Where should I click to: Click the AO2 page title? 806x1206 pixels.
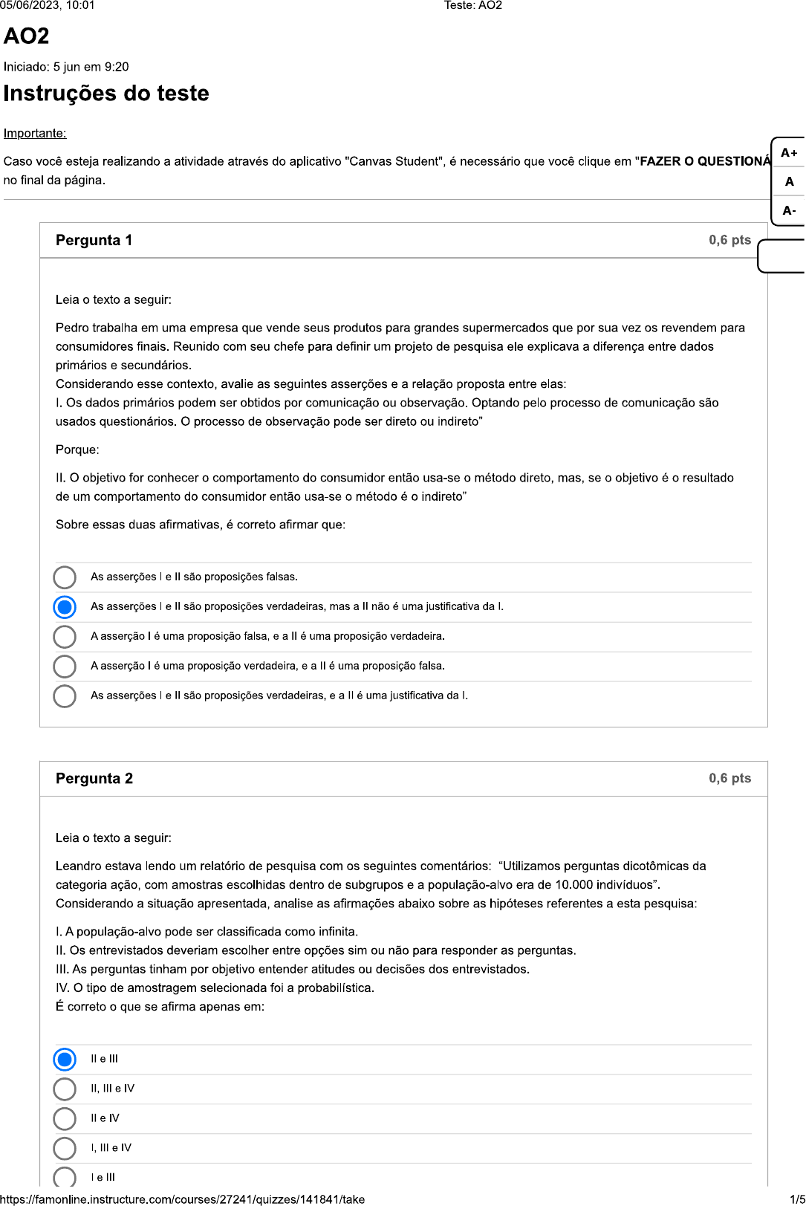(27, 36)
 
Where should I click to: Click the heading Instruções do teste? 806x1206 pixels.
(106, 94)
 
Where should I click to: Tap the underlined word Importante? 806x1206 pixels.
(35, 134)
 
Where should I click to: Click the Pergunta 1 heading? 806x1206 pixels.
(94, 240)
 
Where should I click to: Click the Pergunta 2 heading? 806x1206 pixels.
(94, 778)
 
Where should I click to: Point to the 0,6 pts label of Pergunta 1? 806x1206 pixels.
(729, 240)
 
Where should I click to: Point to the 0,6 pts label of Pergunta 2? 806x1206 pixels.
(729, 778)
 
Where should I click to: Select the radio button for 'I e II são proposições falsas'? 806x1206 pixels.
(65, 577)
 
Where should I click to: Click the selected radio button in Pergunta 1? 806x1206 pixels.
(65, 607)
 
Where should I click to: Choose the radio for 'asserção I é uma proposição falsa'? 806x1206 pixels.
(65, 637)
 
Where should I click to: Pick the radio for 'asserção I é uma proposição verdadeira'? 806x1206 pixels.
(65, 667)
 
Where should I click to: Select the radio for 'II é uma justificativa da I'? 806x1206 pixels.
(65, 696)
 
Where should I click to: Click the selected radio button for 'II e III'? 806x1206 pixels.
(65, 1059)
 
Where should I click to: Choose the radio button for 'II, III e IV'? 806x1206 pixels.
(65, 1089)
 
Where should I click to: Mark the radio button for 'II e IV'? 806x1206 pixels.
(65, 1118)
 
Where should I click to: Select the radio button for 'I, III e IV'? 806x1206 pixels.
(65, 1148)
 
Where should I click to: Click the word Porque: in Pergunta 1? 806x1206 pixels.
(77, 450)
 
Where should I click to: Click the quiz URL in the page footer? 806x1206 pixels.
(183, 1199)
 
